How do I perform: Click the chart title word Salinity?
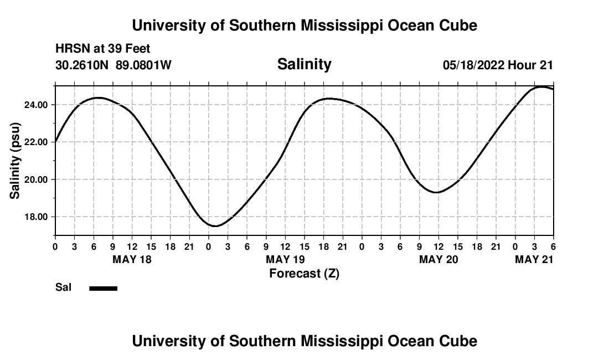pyautogui.click(x=304, y=64)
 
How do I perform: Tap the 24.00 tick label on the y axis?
pyautogui.click(x=35, y=105)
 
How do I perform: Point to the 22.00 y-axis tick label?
pyautogui.click(x=35, y=142)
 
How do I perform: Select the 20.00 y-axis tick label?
pyautogui.click(x=35, y=179)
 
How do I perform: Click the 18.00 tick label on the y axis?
pyautogui.click(x=35, y=217)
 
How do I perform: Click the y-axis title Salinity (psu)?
pyautogui.click(x=16, y=161)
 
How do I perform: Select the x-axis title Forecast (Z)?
pyautogui.click(x=304, y=273)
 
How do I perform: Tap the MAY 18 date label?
pyautogui.click(x=132, y=259)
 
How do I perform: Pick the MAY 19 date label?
pyautogui.click(x=285, y=259)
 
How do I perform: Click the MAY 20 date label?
pyautogui.click(x=438, y=259)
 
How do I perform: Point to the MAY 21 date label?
pyautogui.click(x=534, y=259)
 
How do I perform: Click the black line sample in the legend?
pyautogui.click(x=103, y=288)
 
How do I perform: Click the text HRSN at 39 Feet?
pyautogui.click(x=103, y=49)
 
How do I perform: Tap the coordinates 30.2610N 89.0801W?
pyautogui.click(x=113, y=65)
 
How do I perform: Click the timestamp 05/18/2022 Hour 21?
pyautogui.click(x=498, y=65)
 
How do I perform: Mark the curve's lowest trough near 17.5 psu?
pyautogui.click(x=215, y=226)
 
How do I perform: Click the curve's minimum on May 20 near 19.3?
pyautogui.click(x=437, y=192)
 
